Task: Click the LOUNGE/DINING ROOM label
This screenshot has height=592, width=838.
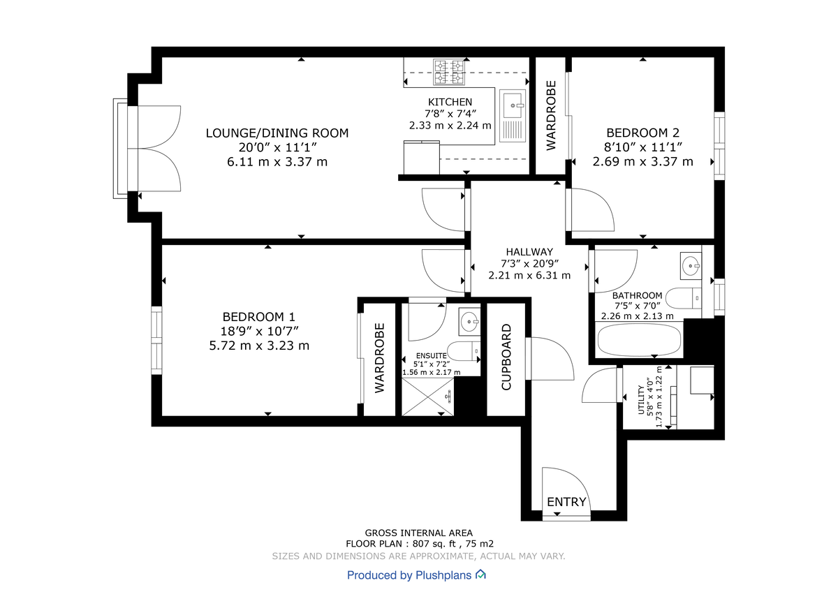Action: click(x=277, y=133)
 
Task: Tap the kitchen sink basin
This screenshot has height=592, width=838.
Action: click(x=513, y=105)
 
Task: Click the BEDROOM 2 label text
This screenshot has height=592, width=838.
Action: click(x=642, y=133)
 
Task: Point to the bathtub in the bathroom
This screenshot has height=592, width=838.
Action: click(x=639, y=339)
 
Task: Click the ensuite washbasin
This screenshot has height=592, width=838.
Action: click(x=470, y=323)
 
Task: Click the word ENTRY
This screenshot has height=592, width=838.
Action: click(x=566, y=502)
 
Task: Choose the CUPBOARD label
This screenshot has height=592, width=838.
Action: click(x=506, y=357)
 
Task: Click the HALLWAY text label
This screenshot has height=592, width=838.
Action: click(x=529, y=252)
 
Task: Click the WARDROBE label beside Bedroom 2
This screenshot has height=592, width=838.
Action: click(x=551, y=115)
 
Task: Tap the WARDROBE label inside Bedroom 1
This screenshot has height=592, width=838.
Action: click(x=380, y=357)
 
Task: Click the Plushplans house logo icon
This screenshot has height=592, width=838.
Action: click(x=480, y=575)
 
